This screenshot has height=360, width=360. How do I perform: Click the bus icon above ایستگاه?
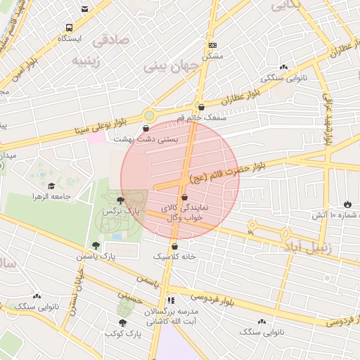pos(68,27)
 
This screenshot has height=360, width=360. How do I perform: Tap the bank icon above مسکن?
pos(213,44)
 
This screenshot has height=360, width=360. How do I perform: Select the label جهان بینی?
pos(165,67)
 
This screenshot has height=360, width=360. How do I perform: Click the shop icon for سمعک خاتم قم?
pos(202,107)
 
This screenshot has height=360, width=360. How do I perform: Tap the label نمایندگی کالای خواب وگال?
pos(181,214)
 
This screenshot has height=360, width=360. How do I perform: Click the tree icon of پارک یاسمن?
pos(95,245)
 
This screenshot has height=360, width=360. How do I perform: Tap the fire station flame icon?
pos(347,204)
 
